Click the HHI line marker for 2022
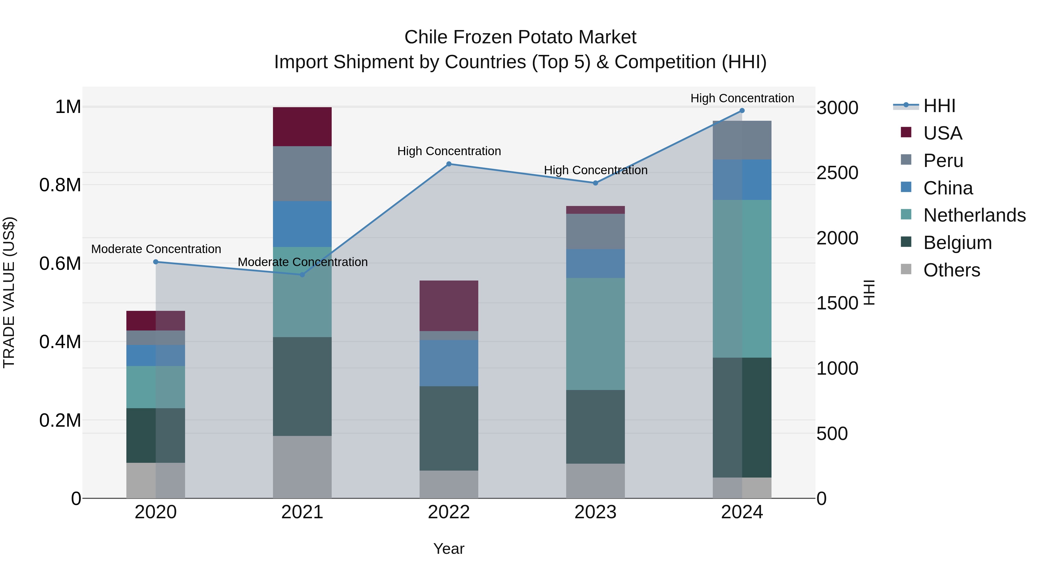(x=448, y=164)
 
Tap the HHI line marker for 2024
(x=742, y=111)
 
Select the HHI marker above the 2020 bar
(x=156, y=262)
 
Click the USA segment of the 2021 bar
(x=302, y=126)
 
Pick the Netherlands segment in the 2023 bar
(x=595, y=333)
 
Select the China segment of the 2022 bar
(x=448, y=363)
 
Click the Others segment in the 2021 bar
(x=302, y=467)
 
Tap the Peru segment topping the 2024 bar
(x=742, y=140)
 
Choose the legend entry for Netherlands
(x=974, y=215)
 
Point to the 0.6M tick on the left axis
(x=60, y=264)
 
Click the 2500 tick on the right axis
(x=837, y=173)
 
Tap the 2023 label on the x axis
(x=595, y=512)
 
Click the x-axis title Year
(x=448, y=549)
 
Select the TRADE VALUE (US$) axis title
(x=9, y=292)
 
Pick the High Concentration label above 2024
(x=742, y=98)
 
